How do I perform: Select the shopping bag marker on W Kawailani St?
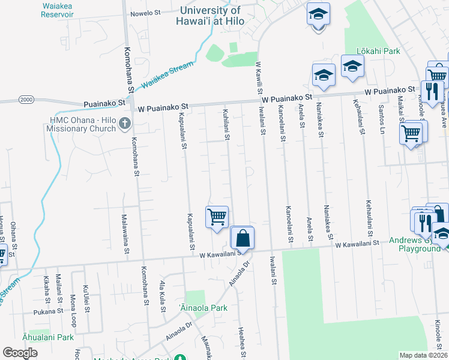tap(242, 238)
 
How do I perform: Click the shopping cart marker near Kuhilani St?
tap(217, 216)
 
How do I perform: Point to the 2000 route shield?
tap(26, 99)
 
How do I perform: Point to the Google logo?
tap(20, 353)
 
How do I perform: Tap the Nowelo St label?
tap(146, 12)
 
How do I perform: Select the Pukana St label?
tap(49, 311)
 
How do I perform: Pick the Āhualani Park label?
tap(48, 337)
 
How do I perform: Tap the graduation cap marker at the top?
tap(319, 14)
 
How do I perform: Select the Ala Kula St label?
tap(162, 293)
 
